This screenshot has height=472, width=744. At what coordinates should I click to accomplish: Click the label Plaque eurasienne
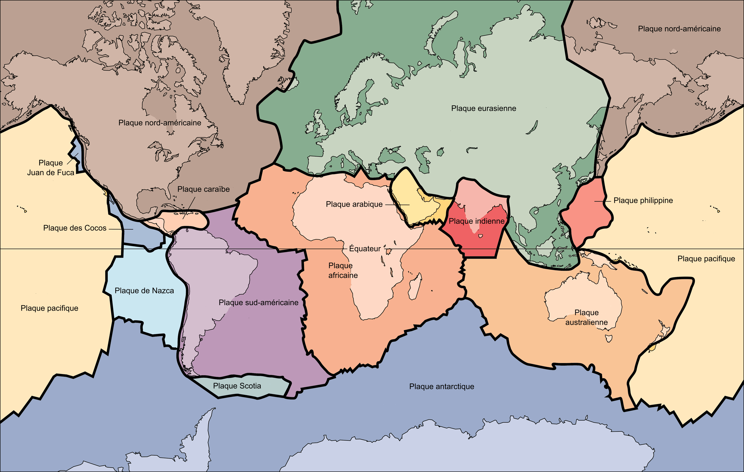tap(484, 108)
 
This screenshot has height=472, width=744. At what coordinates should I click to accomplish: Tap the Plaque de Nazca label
tap(144, 291)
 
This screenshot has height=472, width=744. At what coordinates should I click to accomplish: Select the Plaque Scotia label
tap(237, 386)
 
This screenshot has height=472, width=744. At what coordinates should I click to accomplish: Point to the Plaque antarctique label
tap(441, 387)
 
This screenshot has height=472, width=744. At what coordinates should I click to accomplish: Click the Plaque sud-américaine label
tap(258, 302)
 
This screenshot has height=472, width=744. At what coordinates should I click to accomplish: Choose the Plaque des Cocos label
tap(75, 228)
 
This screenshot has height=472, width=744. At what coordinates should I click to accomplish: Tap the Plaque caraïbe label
tap(203, 189)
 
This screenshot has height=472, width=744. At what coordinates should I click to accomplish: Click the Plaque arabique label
tap(354, 204)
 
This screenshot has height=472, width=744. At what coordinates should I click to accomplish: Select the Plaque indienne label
tap(476, 221)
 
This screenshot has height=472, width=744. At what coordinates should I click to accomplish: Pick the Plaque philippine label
tap(643, 200)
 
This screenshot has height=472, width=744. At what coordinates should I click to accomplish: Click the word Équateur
tap(365, 249)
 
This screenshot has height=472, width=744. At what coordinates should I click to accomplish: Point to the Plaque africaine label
tap(343, 271)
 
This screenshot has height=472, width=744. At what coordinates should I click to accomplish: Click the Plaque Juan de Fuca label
tap(51, 168)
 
